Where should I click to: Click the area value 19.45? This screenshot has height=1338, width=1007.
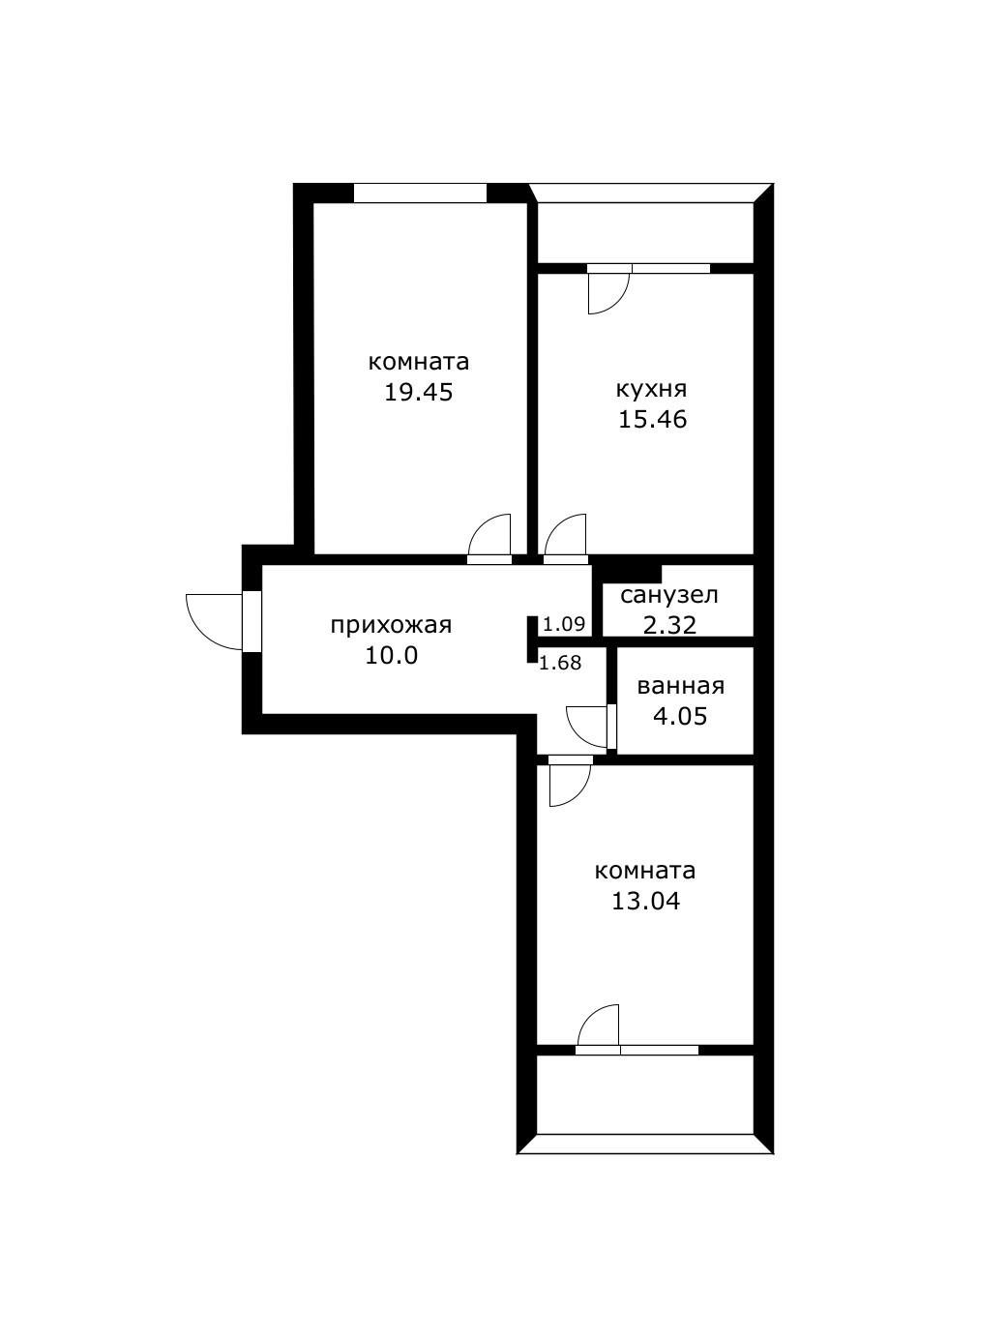click(x=418, y=393)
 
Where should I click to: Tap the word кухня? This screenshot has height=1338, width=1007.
click(x=651, y=389)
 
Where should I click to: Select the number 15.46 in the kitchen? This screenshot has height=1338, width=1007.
click(x=652, y=420)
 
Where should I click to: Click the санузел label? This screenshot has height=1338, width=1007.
click(x=669, y=595)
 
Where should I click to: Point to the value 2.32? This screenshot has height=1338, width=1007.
click(x=669, y=625)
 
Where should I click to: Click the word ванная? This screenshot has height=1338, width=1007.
click(x=680, y=686)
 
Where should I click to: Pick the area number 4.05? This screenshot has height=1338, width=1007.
click(x=680, y=717)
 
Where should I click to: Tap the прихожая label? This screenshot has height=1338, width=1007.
click(x=391, y=625)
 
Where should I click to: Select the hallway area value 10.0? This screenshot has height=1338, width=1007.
click(x=391, y=656)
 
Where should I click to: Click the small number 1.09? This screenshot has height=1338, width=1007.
click(x=564, y=624)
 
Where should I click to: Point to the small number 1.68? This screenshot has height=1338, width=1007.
click(x=559, y=663)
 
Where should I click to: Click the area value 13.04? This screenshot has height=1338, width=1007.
click(x=645, y=902)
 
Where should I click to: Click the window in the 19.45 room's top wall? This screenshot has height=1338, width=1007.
click(x=419, y=193)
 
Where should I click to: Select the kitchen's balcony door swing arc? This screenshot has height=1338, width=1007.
click(x=607, y=294)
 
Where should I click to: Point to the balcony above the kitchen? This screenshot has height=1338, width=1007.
click(x=645, y=232)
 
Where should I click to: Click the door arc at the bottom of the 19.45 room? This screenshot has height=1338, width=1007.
click(x=490, y=534)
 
